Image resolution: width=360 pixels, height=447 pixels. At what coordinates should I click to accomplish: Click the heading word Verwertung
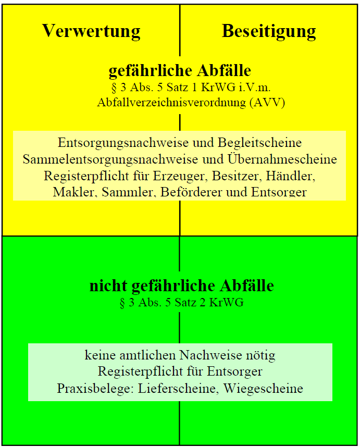pos(91,31)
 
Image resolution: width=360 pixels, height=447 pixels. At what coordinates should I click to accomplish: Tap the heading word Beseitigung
pos(269,31)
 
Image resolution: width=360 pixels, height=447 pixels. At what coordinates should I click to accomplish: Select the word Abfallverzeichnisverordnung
pos(171,102)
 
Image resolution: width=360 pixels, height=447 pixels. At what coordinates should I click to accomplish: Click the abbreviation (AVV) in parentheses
pos(267,102)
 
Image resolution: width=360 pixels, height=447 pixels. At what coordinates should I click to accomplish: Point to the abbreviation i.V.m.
pos(255,87)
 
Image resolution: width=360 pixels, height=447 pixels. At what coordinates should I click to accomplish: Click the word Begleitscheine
pos(259,143)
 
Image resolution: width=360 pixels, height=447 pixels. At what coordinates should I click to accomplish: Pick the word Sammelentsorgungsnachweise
pos(110,159)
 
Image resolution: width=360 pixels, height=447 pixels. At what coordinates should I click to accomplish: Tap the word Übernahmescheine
pos(282,159)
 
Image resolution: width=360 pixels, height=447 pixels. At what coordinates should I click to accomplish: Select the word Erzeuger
pos(179,176)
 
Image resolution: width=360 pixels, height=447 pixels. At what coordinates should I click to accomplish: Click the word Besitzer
pos(237,176)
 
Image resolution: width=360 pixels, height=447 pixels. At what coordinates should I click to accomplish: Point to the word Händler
pos(291,176)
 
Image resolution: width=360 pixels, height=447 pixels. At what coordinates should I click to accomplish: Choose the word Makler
pos(73,192)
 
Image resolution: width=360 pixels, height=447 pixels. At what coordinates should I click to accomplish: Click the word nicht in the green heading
pos(108,285)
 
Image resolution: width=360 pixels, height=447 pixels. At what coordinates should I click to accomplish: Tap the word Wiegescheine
pos(263,389)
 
